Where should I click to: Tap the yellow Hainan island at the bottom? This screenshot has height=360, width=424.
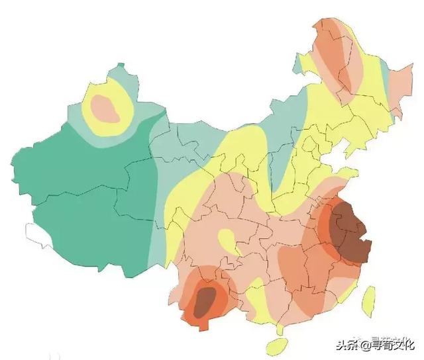click(x=276, y=346)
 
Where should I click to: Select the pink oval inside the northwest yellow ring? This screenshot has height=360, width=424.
click(x=105, y=109)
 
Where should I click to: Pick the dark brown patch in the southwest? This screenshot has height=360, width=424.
click(x=205, y=299)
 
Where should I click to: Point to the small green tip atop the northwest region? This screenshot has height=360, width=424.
click(x=119, y=69)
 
